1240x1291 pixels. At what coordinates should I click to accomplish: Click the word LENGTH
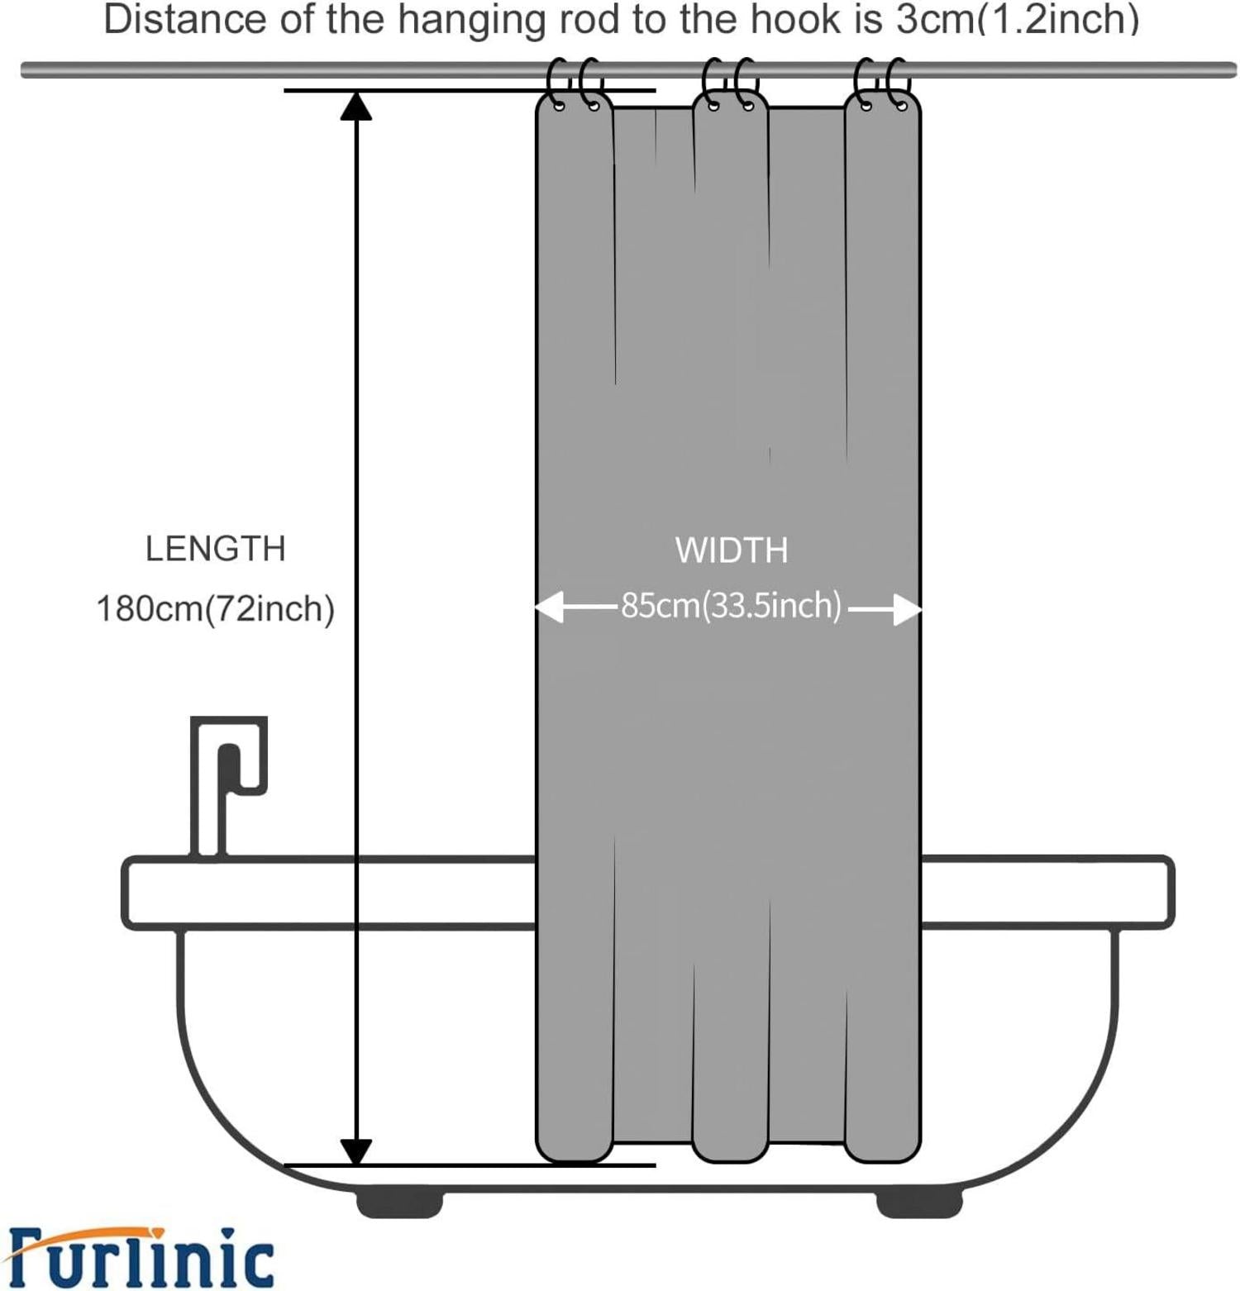(x=216, y=549)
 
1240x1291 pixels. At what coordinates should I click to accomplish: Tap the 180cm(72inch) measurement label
(x=216, y=609)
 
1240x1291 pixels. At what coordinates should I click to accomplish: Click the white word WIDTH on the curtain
(x=732, y=550)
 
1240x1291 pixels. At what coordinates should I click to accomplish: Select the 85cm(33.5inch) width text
(x=732, y=606)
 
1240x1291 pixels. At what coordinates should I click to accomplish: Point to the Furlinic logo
(x=141, y=1257)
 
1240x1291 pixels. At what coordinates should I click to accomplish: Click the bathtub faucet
(x=229, y=785)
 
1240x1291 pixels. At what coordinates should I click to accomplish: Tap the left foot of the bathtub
(x=400, y=1203)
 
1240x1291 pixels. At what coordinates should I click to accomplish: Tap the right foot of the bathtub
(x=919, y=1203)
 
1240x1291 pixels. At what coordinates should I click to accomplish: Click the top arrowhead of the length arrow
(x=356, y=105)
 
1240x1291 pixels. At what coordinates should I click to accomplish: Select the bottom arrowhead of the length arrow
(x=356, y=1151)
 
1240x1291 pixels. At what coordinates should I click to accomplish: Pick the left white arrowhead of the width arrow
(x=549, y=607)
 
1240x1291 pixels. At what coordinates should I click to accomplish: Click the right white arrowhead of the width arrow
(x=908, y=610)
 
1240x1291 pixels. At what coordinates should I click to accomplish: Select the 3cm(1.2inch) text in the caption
(x=1018, y=20)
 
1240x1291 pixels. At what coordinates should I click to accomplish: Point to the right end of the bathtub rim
(x=1171, y=893)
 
